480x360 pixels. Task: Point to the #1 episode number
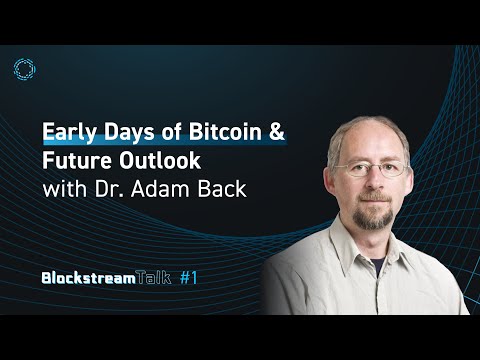[222, 279]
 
